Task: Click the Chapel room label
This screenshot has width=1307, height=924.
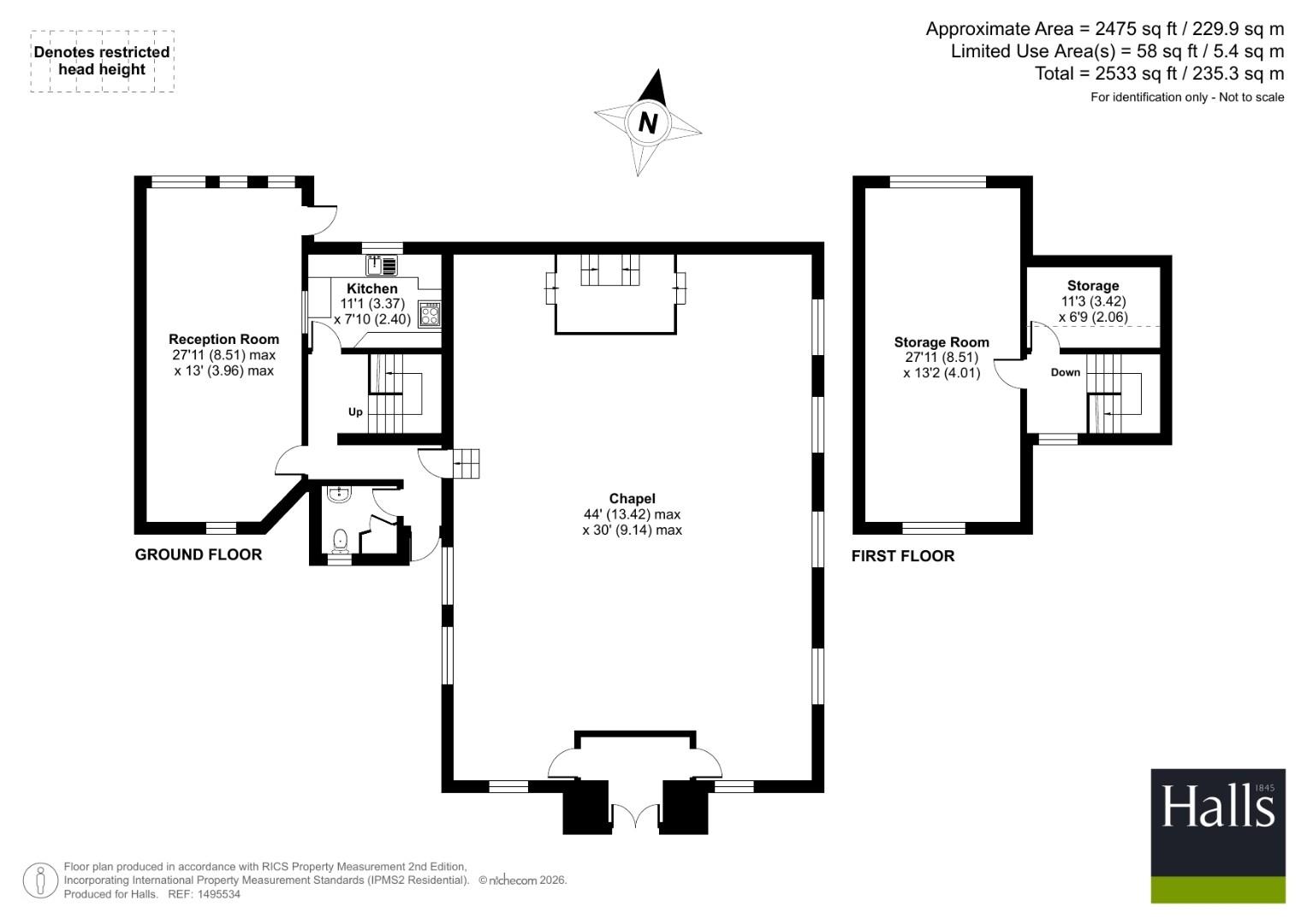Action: (x=632, y=499)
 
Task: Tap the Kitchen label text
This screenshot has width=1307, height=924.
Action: (x=372, y=289)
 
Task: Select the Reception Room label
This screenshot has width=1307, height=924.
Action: (x=224, y=339)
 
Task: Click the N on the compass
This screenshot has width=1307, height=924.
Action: (x=648, y=123)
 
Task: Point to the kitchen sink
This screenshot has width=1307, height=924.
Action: (x=382, y=265)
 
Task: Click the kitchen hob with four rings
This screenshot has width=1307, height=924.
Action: (x=430, y=313)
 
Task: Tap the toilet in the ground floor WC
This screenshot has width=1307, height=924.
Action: (x=340, y=541)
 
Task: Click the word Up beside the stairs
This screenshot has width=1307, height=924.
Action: (x=355, y=412)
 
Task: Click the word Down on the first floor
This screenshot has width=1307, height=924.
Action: (x=1066, y=372)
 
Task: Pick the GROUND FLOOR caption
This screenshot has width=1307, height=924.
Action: (x=199, y=554)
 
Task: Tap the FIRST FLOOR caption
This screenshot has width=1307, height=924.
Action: (x=903, y=556)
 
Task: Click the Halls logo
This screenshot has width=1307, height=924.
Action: (x=1218, y=836)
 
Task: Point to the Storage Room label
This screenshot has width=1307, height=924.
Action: (x=942, y=342)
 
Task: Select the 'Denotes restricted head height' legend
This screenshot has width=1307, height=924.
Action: (x=102, y=61)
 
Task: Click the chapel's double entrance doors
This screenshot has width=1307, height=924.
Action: (x=635, y=814)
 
